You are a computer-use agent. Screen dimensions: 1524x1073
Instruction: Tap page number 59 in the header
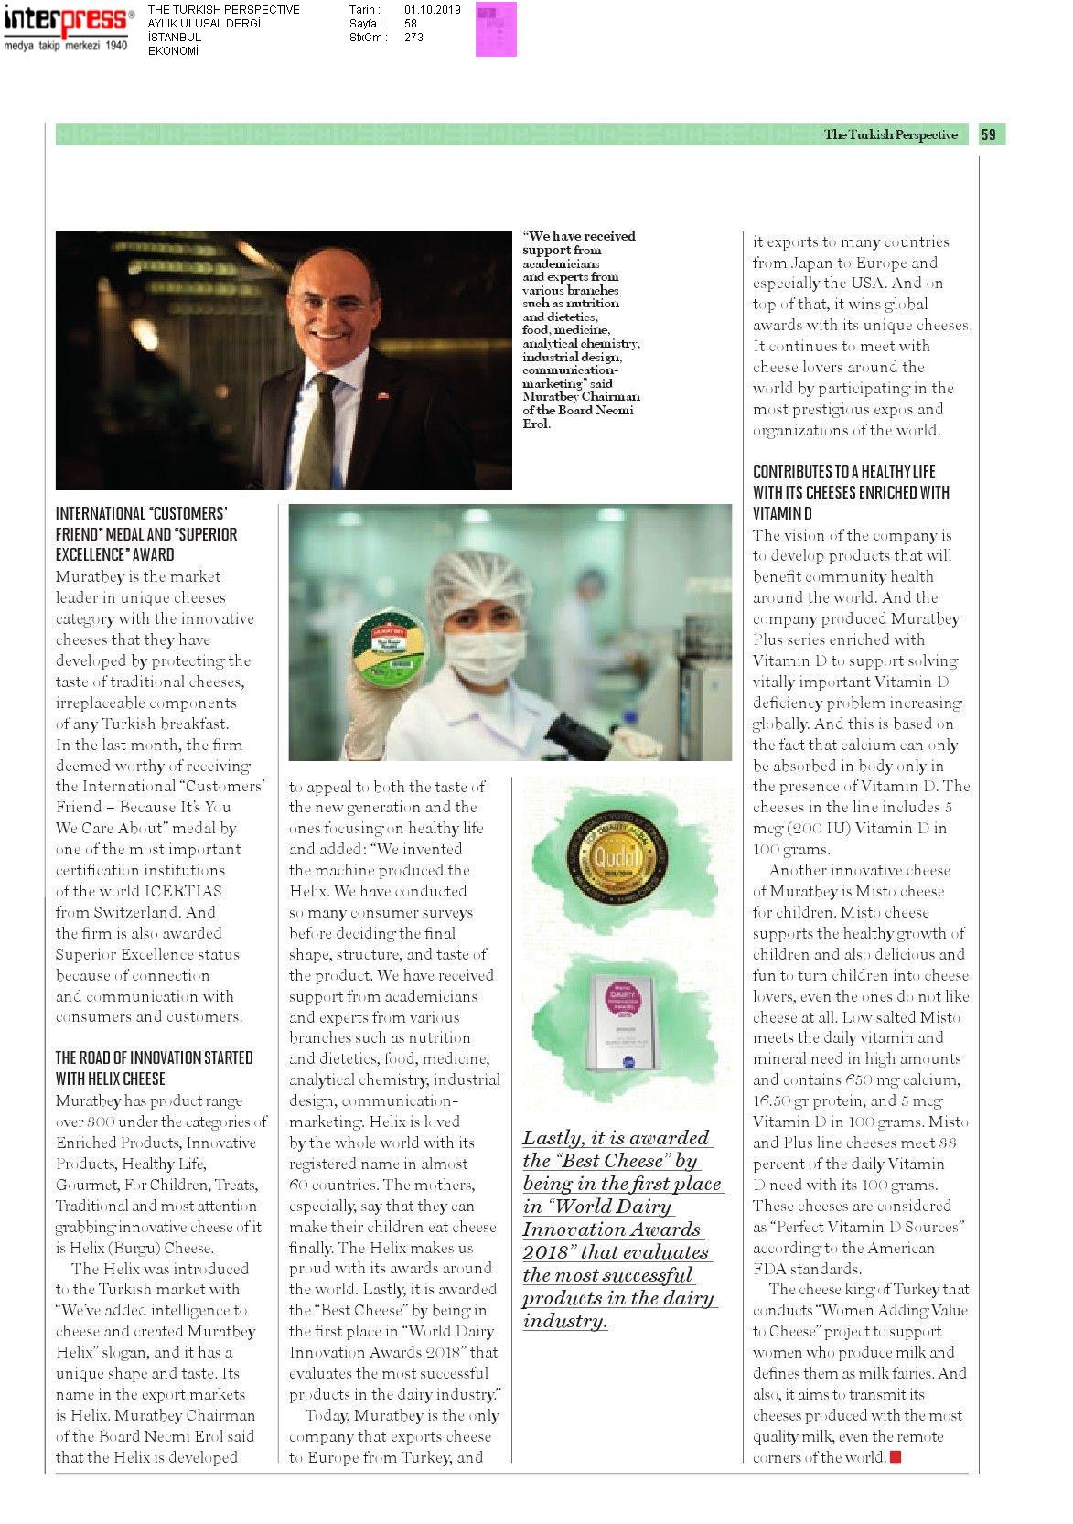[x=989, y=134]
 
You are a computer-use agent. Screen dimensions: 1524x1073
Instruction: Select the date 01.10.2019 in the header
[x=433, y=10]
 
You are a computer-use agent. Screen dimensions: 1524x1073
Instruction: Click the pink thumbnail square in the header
[x=496, y=28]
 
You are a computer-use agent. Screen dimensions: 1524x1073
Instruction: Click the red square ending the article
[x=896, y=1456]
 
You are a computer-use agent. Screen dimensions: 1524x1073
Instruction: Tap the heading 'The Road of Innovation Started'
[x=154, y=1057]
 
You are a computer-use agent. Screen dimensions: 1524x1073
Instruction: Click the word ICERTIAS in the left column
[x=183, y=891]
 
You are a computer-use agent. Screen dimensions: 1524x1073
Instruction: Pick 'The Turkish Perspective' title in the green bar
[x=890, y=134]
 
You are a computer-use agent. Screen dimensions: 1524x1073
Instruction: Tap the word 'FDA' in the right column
[x=769, y=1269]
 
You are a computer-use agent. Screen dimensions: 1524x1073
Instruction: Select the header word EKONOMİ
[x=174, y=50]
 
